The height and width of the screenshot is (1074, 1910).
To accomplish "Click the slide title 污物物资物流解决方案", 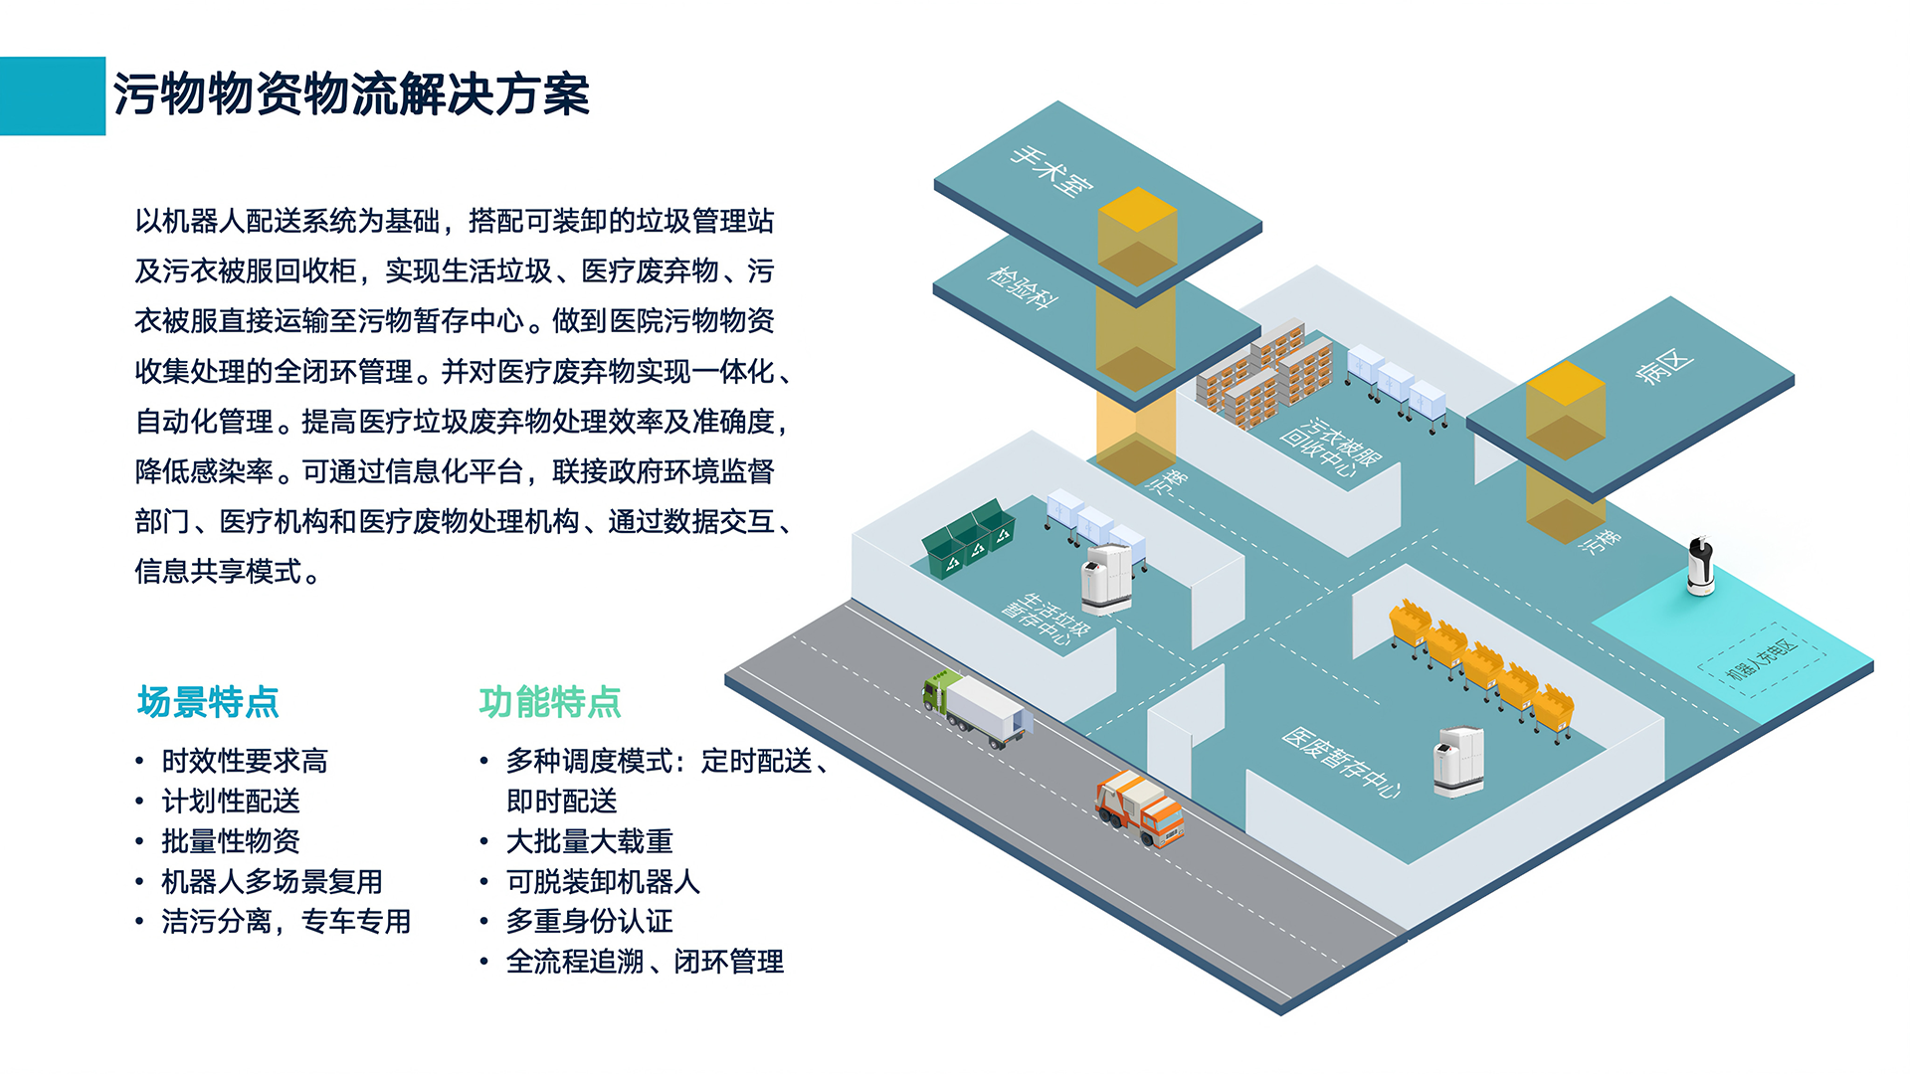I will (x=350, y=95).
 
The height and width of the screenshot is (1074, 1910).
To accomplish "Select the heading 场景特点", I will (x=208, y=702).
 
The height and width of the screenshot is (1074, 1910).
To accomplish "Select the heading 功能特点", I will (x=550, y=702).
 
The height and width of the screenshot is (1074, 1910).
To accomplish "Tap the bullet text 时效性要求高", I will (x=245, y=761).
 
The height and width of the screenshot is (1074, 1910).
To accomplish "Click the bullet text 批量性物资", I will (x=231, y=841).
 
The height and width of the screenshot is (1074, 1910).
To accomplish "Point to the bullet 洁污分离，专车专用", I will (x=286, y=922).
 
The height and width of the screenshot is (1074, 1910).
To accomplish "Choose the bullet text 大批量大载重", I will (x=589, y=841).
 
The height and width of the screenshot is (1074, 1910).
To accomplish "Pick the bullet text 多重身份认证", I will (x=589, y=922).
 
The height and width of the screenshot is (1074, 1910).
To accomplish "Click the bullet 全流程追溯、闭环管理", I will (x=645, y=962).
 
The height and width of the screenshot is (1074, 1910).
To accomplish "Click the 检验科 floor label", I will (x=1023, y=288).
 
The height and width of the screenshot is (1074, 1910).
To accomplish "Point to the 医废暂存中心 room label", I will (x=1341, y=763).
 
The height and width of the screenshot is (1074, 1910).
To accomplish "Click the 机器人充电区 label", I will (x=1761, y=659).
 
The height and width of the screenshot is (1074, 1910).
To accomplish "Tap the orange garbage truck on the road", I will (x=1140, y=806).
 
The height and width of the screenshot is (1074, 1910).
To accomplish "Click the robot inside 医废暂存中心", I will (x=1458, y=762).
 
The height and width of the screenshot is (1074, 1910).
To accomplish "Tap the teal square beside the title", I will (x=52, y=95).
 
